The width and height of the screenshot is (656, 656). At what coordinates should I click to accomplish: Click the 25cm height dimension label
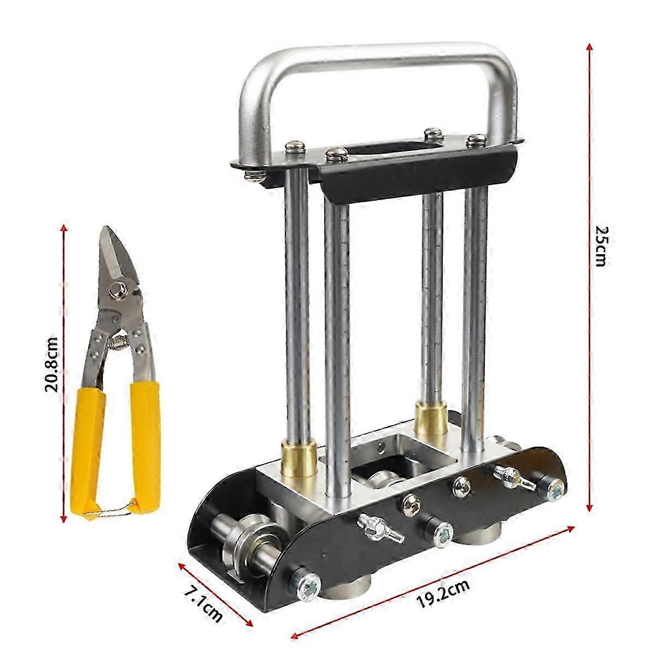(600, 247)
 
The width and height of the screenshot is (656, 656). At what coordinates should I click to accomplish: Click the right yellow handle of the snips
(146, 443)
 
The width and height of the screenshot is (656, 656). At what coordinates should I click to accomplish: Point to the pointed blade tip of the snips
(106, 227)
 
